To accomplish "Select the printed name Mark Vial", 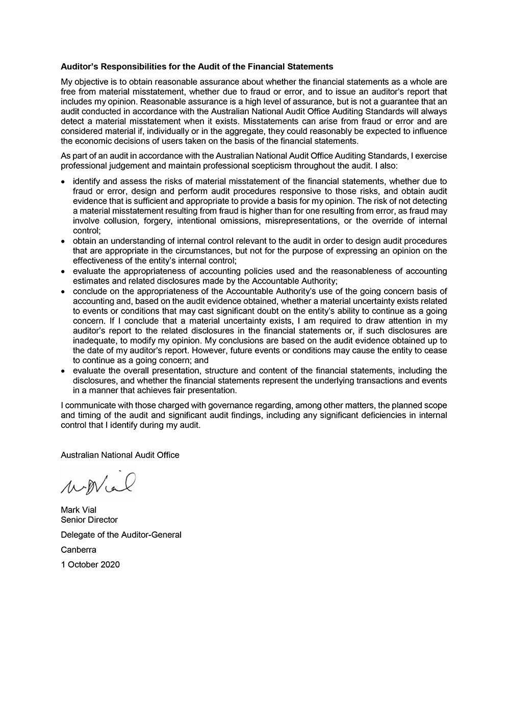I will tap(79, 510).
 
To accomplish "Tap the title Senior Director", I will tap(89, 520).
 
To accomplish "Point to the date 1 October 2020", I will tap(90, 564).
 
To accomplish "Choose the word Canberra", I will tap(79, 550).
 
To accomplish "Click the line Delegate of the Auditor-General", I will tap(121, 535).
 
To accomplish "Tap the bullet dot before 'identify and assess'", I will tap(63, 182).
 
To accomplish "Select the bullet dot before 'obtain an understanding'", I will tap(63, 241).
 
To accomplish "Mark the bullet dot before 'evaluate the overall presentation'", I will tap(63, 371).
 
